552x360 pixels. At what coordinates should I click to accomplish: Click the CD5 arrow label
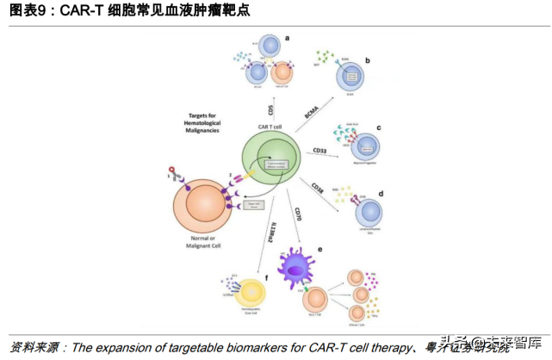270,109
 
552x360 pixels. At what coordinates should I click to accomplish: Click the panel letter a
287,38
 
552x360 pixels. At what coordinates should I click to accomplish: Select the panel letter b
368,60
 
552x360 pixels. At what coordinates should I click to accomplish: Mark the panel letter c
378,128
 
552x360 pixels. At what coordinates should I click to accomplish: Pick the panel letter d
381,193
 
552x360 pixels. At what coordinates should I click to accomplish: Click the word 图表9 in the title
28,12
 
